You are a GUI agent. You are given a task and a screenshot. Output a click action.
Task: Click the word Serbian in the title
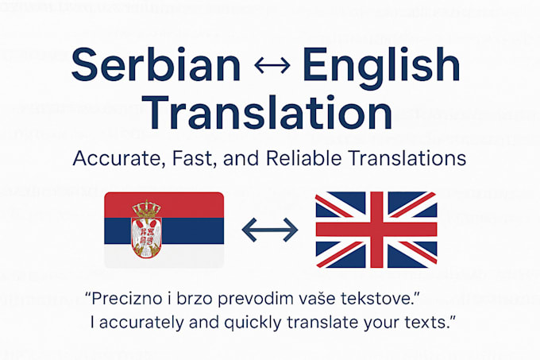156,64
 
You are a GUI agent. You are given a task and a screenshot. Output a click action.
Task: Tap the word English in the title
381,68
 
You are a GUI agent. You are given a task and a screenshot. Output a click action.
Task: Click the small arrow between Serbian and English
272,65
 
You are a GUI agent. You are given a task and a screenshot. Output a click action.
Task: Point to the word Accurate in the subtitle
117,159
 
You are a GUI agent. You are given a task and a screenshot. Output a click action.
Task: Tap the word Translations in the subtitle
407,158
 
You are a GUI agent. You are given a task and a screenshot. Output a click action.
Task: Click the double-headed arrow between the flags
270,230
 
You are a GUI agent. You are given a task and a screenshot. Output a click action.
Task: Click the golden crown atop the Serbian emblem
146,208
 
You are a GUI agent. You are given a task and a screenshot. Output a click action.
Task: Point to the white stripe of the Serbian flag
193,256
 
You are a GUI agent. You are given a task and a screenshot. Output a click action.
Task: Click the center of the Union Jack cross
376,230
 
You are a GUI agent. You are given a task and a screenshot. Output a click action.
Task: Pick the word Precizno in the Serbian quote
127,298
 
